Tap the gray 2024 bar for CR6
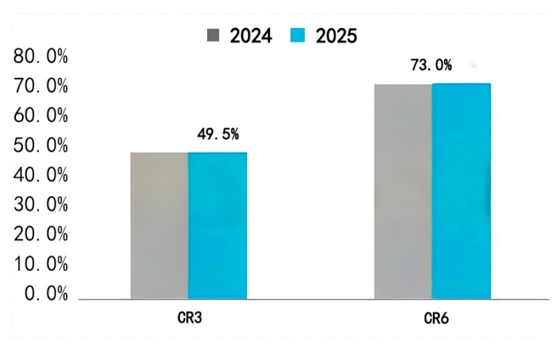click(403, 191)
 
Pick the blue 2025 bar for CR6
click(461, 191)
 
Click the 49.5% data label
click(218, 133)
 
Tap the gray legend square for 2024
click(213, 36)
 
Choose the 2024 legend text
click(251, 36)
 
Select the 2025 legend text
click(336, 36)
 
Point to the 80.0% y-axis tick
click(40, 57)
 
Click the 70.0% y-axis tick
click(40, 87)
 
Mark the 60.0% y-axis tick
click(40, 116)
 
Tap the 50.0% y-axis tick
click(40, 146)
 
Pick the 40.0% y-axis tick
click(40, 176)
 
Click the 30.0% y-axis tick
click(40, 205)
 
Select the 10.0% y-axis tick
click(40, 264)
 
